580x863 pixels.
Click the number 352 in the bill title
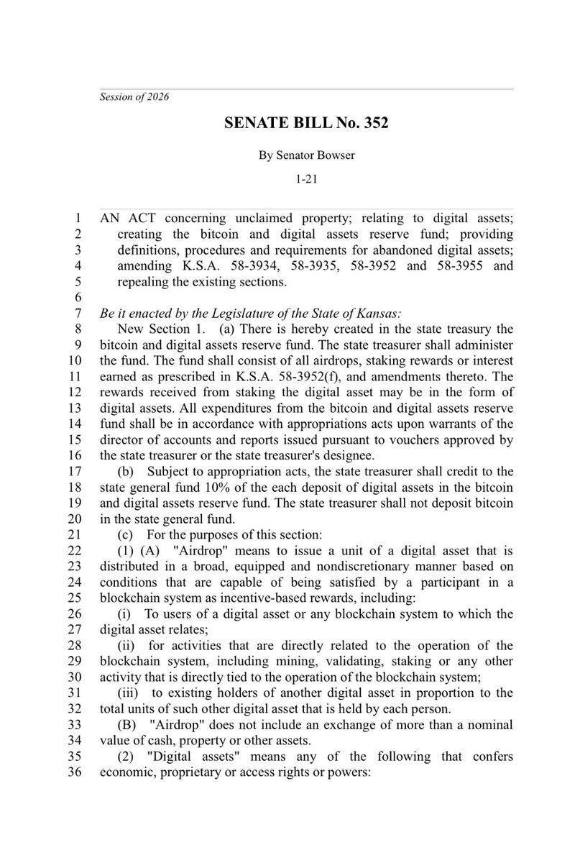(x=371, y=124)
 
